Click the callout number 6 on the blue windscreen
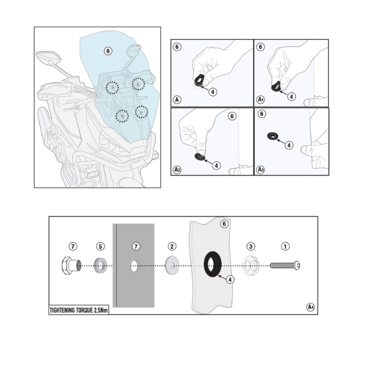click(x=107, y=51)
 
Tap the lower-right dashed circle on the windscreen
click(x=141, y=112)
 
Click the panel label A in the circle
click(x=177, y=99)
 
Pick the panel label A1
click(x=261, y=99)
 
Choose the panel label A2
click(x=177, y=169)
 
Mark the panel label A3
click(x=261, y=169)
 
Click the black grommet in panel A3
click(x=274, y=136)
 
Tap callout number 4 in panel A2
click(x=216, y=165)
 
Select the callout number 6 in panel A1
click(x=260, y=47)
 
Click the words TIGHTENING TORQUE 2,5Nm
click(x=78, y=310)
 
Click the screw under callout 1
click(x=285, y=264)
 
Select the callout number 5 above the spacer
click(x=100, y=246)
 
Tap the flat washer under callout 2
click(x=172, y=264)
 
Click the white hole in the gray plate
click(x=134, y=265)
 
